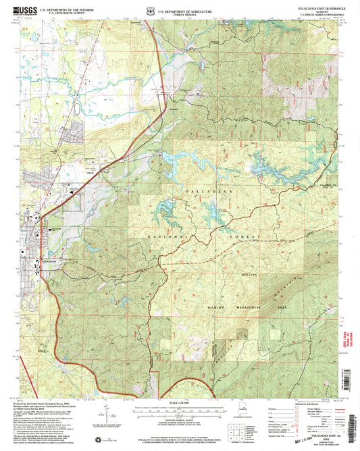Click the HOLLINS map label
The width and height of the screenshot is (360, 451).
click(251, 275)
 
